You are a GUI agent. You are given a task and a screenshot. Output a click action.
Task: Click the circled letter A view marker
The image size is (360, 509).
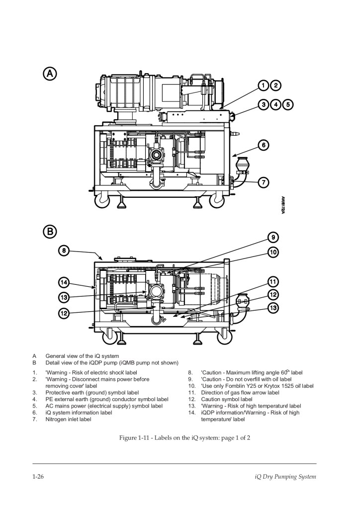[x=50, y=74]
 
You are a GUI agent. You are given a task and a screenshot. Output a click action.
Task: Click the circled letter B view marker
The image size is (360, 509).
[x=50, y=231]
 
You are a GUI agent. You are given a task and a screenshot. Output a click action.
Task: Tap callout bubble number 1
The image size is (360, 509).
[x=264, y=85]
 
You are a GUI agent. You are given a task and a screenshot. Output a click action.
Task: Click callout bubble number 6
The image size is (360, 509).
[x=264, y=145]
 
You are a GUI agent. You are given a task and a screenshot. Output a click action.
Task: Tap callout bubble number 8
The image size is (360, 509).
[x=64, y=251]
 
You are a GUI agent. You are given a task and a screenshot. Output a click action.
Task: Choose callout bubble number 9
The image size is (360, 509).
[x=273, y=236]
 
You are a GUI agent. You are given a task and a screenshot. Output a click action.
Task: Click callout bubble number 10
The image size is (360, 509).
[x=273, y=252]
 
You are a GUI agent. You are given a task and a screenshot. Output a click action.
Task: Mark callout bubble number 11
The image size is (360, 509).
[x=273, y=281]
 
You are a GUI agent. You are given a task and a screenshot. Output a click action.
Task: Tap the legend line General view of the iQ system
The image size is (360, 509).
[x=82, y=356]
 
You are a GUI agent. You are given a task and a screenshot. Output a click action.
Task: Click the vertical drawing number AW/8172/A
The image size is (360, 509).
[x=282, y=204]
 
